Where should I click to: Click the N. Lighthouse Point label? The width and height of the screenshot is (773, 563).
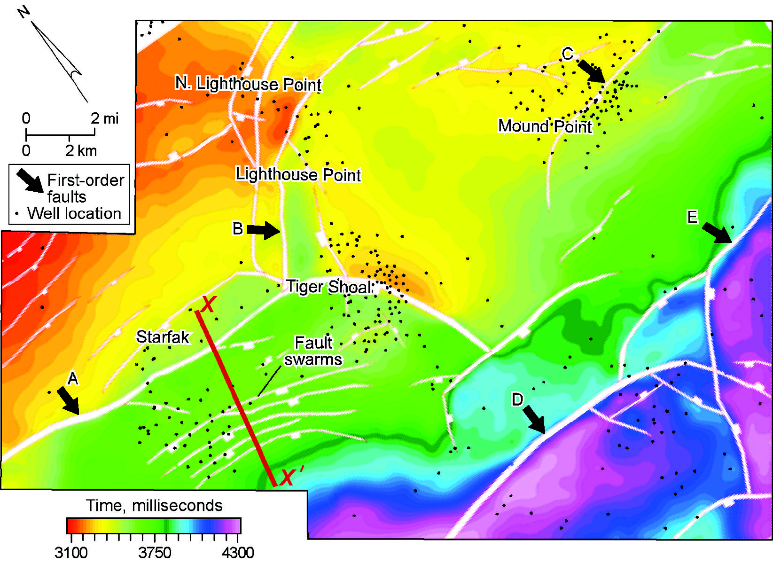(x=248, y=84)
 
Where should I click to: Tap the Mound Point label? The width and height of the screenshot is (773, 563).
(x=545, y=126)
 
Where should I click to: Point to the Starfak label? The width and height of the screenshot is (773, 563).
(x=163, y=337)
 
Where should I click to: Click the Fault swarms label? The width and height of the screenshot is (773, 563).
(x=313, y=351)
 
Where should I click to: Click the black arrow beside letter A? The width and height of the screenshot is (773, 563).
(x=68, y=401)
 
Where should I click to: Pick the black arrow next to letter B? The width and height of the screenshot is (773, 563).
(x=263, y=230)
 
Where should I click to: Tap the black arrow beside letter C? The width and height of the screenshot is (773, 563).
(x=591, y=70)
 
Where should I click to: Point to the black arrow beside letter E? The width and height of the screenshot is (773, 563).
(x=717, y=233)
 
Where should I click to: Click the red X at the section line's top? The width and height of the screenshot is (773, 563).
(x=207, y=305)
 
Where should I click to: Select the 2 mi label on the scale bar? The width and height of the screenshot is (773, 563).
(x=104, y=118)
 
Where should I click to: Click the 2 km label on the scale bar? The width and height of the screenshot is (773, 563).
(x=81, y=151)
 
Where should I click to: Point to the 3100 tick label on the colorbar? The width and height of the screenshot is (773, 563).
(x=70, y=553)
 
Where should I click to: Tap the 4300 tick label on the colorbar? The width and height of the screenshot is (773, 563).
(x=238, y=553)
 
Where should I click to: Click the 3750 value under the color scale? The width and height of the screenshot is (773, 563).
(x=155, y=553)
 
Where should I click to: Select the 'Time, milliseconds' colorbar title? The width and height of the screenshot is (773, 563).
(x=154, y=506)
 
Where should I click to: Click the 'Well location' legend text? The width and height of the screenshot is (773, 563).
(x=74, y=214)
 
